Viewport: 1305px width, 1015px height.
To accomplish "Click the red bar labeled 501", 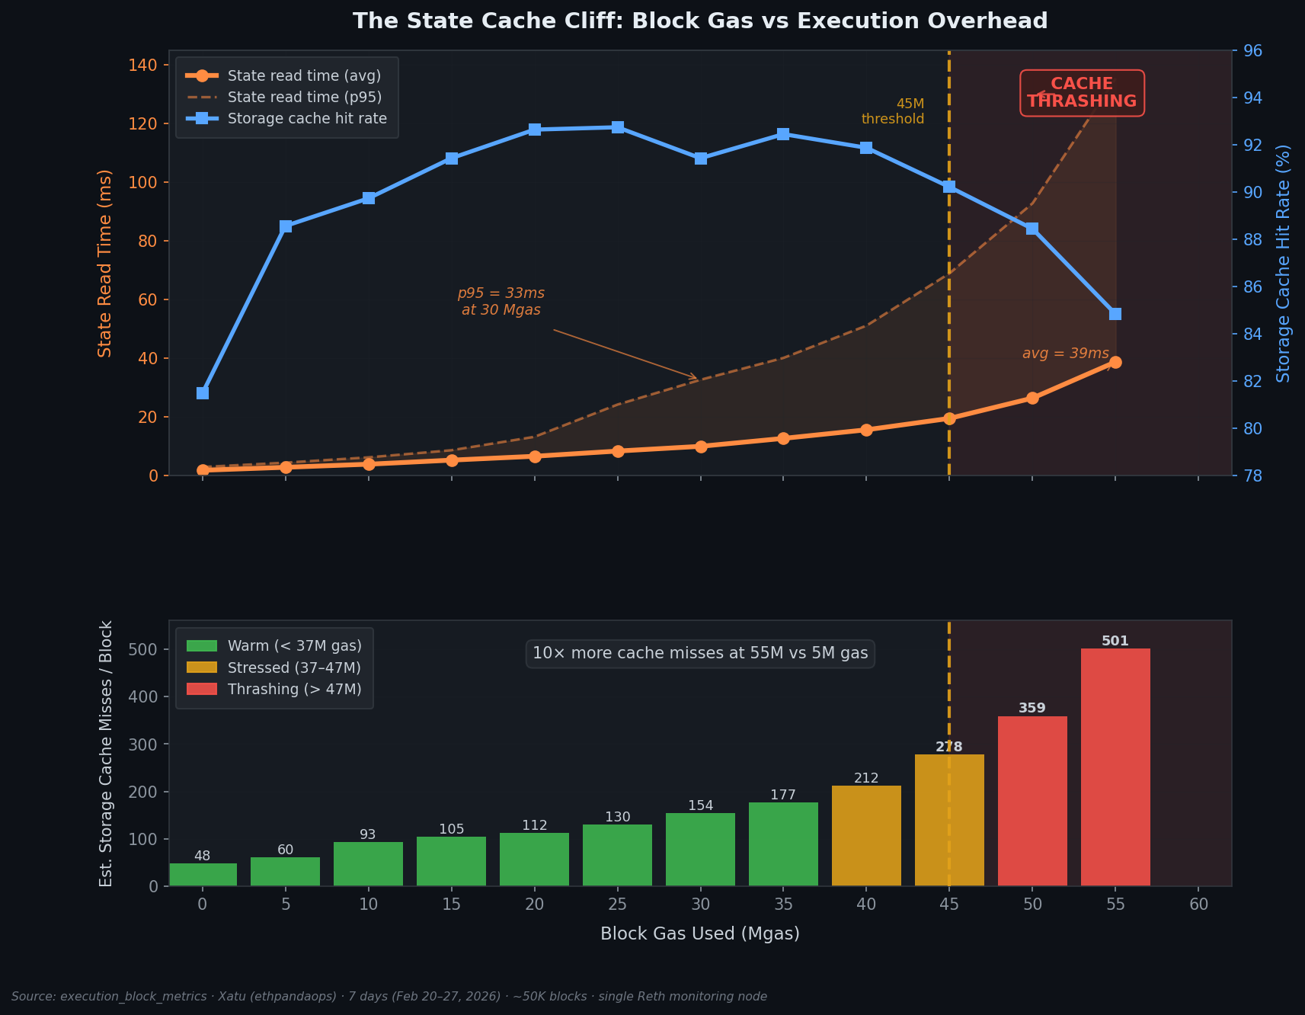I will (1115, 767).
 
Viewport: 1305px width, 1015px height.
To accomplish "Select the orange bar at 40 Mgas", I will (866, 835).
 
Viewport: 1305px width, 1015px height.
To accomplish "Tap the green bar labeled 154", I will (700, 849).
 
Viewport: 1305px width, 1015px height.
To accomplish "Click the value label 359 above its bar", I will (1032, 708).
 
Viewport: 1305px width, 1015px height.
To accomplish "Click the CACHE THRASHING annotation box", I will (1082, 93).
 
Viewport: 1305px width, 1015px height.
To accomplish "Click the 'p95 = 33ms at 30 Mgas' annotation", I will (501, 302).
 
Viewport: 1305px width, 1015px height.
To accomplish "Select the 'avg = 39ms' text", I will (1065, 354).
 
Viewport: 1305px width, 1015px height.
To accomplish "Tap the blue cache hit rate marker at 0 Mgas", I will (203, 393).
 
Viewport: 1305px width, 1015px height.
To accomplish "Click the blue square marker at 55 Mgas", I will (1115, 314).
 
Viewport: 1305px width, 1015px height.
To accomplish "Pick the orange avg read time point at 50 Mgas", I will (1032, 398).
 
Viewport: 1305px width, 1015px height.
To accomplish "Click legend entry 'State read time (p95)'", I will (304, 98).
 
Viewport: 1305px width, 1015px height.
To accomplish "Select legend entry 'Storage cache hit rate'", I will (307, 119).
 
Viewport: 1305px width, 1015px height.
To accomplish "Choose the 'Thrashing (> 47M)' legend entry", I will (294, 689).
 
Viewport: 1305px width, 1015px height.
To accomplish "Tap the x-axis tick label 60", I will (1198, 905).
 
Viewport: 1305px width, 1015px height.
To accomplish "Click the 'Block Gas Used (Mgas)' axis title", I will (699, 933).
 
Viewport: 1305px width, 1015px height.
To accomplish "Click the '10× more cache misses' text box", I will (700, 654).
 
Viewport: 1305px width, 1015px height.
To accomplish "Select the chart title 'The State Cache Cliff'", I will (699, 21).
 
